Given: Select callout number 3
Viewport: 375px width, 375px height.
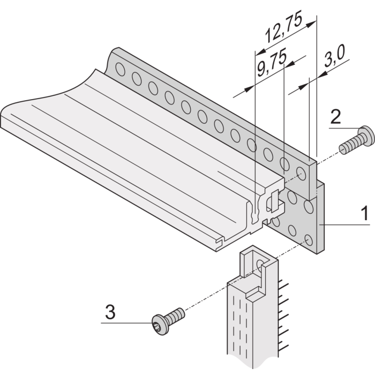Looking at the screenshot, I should click(x=109, y=312).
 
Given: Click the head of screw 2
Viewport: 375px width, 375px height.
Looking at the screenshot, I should click(x=366, y=133).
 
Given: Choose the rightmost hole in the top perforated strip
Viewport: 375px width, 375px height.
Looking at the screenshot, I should click(x=302, y=173).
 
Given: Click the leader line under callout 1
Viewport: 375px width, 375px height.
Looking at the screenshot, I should click(x=348, y=226).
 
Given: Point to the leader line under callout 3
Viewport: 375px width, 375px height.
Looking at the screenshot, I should click(x=126, y=322).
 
